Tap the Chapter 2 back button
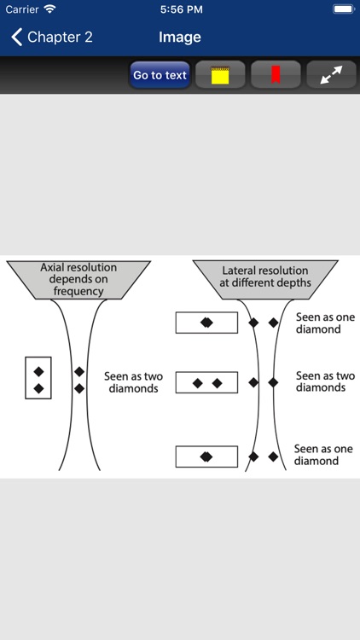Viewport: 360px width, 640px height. pos(51,37)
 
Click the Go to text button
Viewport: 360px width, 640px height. pos(160,75)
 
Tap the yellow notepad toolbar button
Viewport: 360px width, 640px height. pos(220,75)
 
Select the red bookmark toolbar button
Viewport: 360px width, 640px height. pos(276,75)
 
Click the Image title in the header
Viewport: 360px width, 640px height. pos(180,37)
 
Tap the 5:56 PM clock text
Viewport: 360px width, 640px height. pos(180,9)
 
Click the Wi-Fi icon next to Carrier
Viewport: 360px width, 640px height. pos(49,9)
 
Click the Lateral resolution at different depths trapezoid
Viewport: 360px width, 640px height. pos(264,277)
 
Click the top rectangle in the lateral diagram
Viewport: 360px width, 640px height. pos(206,323)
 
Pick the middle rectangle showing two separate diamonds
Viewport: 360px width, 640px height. pos(206,383)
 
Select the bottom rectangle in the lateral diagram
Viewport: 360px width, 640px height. pos(206,457)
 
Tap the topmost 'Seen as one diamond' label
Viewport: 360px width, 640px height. pos(318,323)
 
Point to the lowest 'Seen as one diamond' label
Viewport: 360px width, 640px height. pos(316,455)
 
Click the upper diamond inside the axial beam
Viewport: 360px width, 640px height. pos(79,371)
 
